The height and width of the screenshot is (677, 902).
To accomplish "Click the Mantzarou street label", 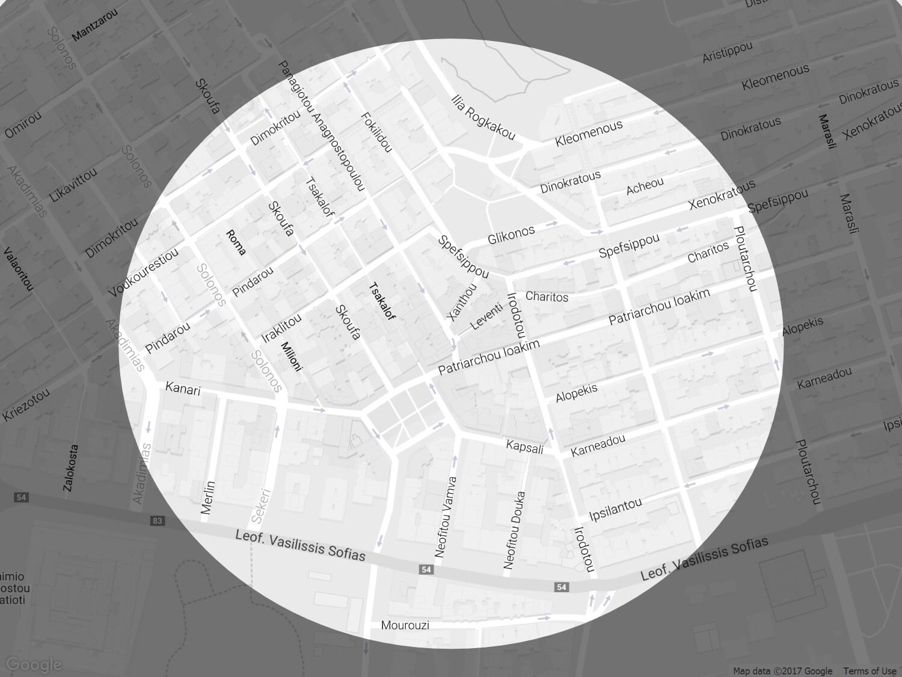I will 94,25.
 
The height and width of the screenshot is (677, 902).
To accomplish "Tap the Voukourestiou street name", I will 143,273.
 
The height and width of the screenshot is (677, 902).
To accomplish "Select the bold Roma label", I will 236,242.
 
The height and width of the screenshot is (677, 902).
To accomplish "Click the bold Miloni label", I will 291,356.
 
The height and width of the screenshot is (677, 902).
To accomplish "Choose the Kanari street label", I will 183,389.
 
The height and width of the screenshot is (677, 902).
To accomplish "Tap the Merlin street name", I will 208,497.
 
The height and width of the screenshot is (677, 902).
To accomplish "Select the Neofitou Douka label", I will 515,530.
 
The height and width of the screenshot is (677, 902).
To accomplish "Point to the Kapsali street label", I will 524,447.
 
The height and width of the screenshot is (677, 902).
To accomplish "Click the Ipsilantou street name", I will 615,510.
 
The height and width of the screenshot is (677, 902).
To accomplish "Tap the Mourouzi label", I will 405,625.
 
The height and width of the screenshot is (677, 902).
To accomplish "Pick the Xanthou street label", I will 462,301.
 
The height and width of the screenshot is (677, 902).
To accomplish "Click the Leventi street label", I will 486,316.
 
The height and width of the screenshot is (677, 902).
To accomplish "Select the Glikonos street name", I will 511,235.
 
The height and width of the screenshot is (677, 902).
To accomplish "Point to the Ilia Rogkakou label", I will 483,117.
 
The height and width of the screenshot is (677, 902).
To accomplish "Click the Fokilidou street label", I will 376,132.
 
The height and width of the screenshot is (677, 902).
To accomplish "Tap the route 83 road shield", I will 158,521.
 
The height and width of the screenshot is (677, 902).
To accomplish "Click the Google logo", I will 34,664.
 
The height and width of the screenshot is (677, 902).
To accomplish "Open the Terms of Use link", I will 869,671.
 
